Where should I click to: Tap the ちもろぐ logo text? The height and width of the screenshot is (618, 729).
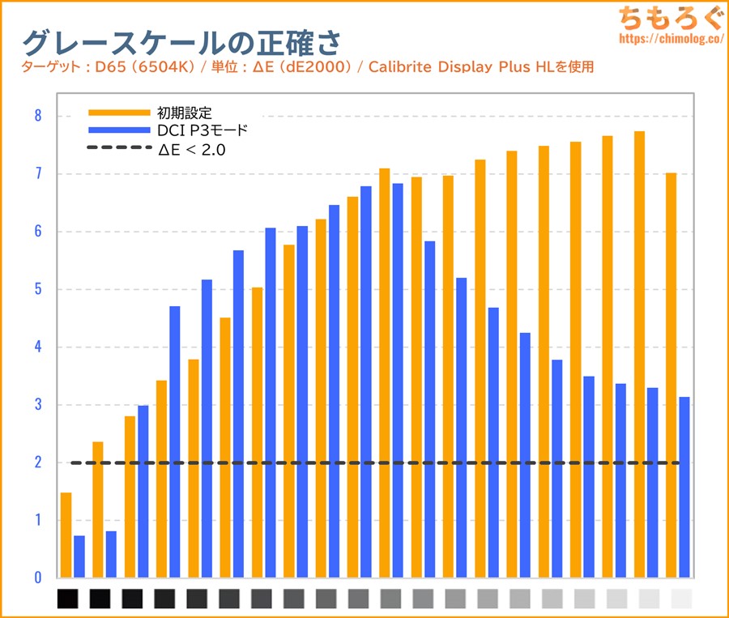[x=667, y=18]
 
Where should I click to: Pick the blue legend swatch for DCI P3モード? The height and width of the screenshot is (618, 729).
[x=119, y=130]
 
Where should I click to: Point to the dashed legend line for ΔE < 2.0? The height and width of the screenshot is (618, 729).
[x=119, y=148]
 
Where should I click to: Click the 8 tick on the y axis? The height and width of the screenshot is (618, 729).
[x=37, y=116]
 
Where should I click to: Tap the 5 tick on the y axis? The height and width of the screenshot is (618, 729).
[x=37, y=289]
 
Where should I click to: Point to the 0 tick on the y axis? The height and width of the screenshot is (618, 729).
[x=37, y=578]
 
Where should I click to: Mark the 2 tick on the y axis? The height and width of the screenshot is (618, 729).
[x=37, y=462]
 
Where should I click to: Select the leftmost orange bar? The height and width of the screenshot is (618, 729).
[x=66, y=535]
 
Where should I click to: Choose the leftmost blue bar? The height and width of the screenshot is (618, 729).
[x=79, y=556]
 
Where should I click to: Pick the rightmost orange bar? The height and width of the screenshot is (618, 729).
[x=671, y=375]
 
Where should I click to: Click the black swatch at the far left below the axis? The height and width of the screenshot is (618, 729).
[x=68, y=599]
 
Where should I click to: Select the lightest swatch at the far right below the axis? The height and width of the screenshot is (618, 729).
[x=682, y=599]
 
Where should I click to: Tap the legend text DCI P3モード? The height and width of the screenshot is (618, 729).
[x=203, y=130]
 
